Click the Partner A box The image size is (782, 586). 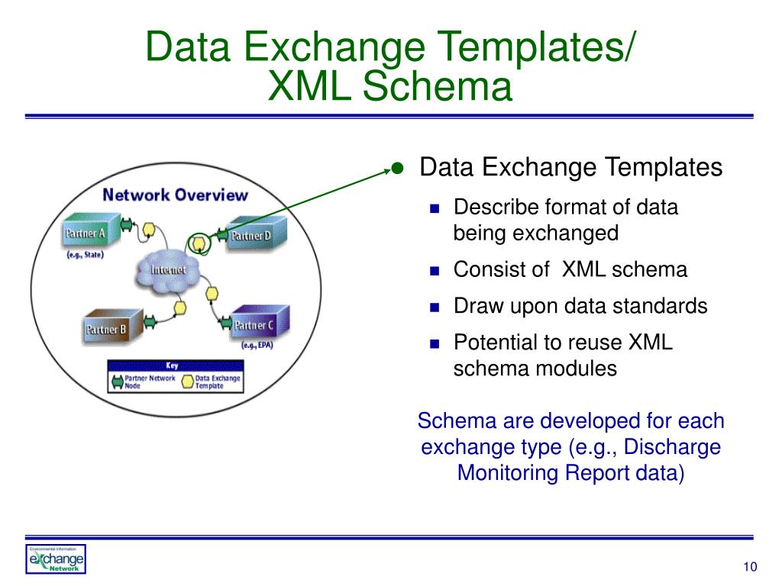(86, 232)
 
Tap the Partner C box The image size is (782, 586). (251, 326)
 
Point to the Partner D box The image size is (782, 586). (251, 236)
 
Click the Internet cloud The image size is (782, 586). (167, 271)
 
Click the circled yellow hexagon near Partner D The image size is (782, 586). (199, 243)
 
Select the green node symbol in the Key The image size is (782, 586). (118, 382)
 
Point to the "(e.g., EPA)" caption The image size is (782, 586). (257, 346)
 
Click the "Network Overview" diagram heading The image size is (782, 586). (175, 195)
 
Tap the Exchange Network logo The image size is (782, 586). (57, 560)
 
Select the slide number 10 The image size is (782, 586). (748, 566)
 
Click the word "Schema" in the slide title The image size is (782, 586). (436, 86)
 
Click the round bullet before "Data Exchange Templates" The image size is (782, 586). (396, 168)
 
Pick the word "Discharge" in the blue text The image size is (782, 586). (677, 446)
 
